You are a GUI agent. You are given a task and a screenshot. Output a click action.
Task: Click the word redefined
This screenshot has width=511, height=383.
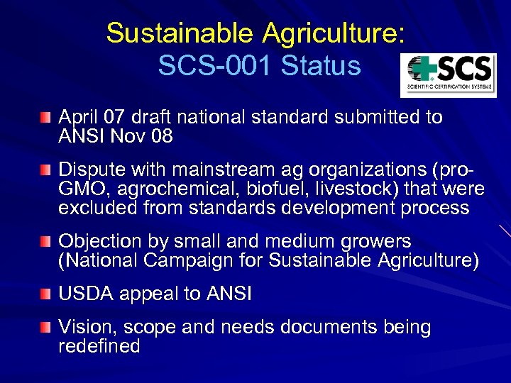tap(99, 347)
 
